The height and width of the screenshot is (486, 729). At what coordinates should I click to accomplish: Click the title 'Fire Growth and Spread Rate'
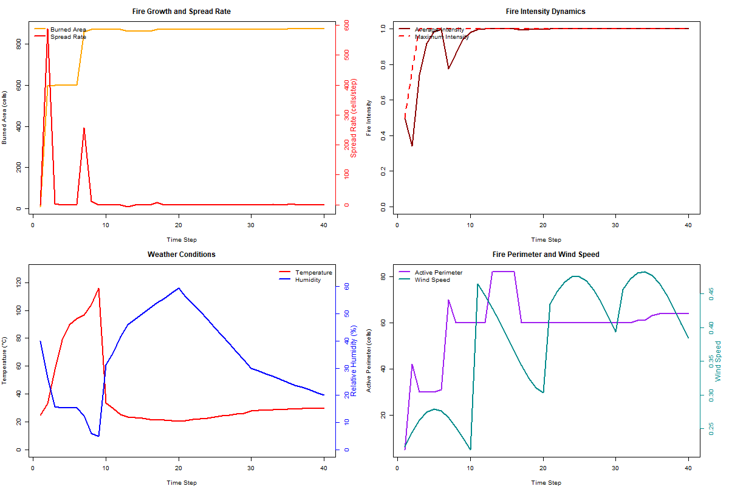[x=181, y=12]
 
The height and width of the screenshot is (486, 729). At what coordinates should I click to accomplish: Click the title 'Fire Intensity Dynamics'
[x=546, y=12]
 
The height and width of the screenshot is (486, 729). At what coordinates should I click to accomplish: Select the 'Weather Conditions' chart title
[x=181, y=255]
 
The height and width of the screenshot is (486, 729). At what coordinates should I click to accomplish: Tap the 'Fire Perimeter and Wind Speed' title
[x=546, y=255]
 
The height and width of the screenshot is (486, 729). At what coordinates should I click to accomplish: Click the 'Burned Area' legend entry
[x=67, y=29]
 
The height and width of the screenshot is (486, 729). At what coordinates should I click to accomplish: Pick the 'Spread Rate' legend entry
[x=67, y=36]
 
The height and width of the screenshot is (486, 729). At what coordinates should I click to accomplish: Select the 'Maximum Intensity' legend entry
[x=442, y=36]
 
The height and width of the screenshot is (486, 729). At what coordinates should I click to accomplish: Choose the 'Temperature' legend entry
[x=313, y=273]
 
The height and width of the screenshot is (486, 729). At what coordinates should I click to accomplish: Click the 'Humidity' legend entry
[x=308, y=280]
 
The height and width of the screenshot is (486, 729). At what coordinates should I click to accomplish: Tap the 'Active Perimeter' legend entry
[x=438, y=273]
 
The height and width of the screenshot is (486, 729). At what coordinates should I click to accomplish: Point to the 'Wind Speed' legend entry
[x=432, y=280]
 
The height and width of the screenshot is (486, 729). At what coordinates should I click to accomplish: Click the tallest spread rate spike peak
[x=47, y=29]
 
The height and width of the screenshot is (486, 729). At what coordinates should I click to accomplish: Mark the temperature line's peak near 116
[x=98, y=289]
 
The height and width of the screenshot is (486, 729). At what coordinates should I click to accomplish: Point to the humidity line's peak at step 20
[x=179, y=288]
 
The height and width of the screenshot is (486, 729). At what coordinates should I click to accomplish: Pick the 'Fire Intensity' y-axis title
[x=369, y=118]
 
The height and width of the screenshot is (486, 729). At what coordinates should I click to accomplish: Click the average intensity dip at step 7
[x=448, y=69]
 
